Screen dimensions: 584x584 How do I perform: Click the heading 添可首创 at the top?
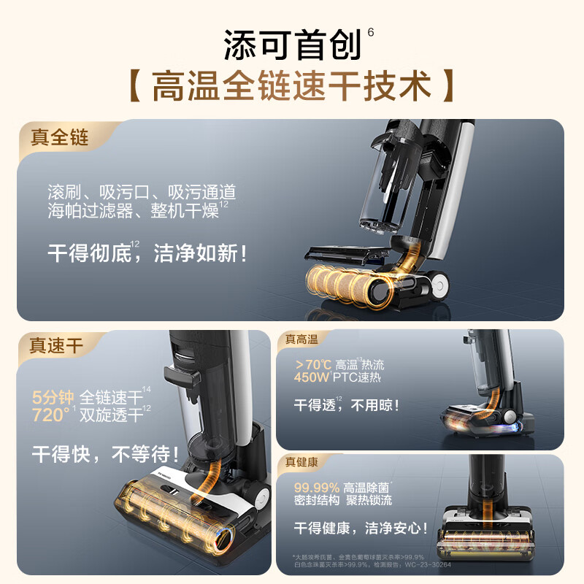point(292,46)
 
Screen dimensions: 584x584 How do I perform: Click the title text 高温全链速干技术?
point(292,87)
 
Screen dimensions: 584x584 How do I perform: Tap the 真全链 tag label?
point(59,137)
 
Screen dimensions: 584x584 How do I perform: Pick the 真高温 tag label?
point(301,339)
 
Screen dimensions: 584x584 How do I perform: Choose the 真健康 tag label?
point(301,461)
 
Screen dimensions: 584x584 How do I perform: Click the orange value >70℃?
point(312,365)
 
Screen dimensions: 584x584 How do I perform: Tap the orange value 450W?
point(312,378)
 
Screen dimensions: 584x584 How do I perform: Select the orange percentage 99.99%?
point(317,487)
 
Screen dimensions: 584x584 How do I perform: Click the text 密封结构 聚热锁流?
point(342,501)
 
